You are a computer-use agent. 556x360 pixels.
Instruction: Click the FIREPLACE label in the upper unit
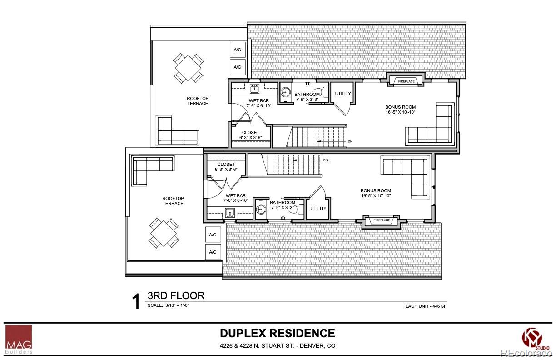pos(407,81)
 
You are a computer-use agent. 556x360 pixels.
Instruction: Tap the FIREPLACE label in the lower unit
pos(382,220)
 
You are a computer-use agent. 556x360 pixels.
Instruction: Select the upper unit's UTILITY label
pos(343,94)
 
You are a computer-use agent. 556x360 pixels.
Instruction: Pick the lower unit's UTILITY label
pos(318,209)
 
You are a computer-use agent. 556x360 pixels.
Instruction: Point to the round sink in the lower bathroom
pos(261,210)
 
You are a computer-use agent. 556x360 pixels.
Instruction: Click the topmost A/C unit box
pos(237,50)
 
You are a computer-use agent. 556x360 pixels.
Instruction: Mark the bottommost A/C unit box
pos(213,252)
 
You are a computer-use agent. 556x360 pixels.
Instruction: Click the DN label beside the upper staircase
pos(350,141)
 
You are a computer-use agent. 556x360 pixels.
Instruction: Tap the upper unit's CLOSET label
pos(251,133)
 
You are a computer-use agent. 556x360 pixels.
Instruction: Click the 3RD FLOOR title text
pos(176,295)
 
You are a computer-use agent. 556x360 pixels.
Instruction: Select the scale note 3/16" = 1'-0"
pos(168,305)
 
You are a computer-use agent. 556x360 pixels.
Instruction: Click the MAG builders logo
pos(19,339)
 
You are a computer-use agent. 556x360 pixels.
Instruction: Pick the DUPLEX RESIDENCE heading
pos(278,333)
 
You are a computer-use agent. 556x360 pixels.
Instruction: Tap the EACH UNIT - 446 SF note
pos(426,306)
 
